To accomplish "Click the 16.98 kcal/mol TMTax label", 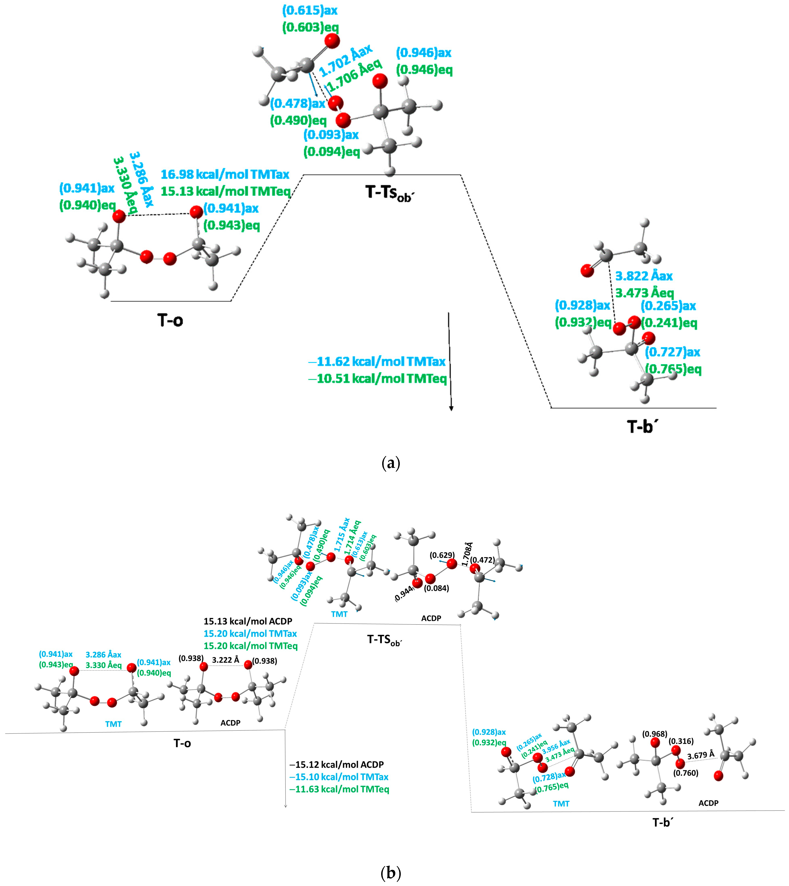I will point(225,174).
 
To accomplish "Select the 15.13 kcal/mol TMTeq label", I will point(225,191).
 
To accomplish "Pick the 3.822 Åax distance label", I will point(644,276).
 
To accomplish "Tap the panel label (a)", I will point(391,463).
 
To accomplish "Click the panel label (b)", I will point(391,872).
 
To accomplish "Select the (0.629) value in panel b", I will point(442,555).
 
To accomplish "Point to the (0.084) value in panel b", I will point(437,588).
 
